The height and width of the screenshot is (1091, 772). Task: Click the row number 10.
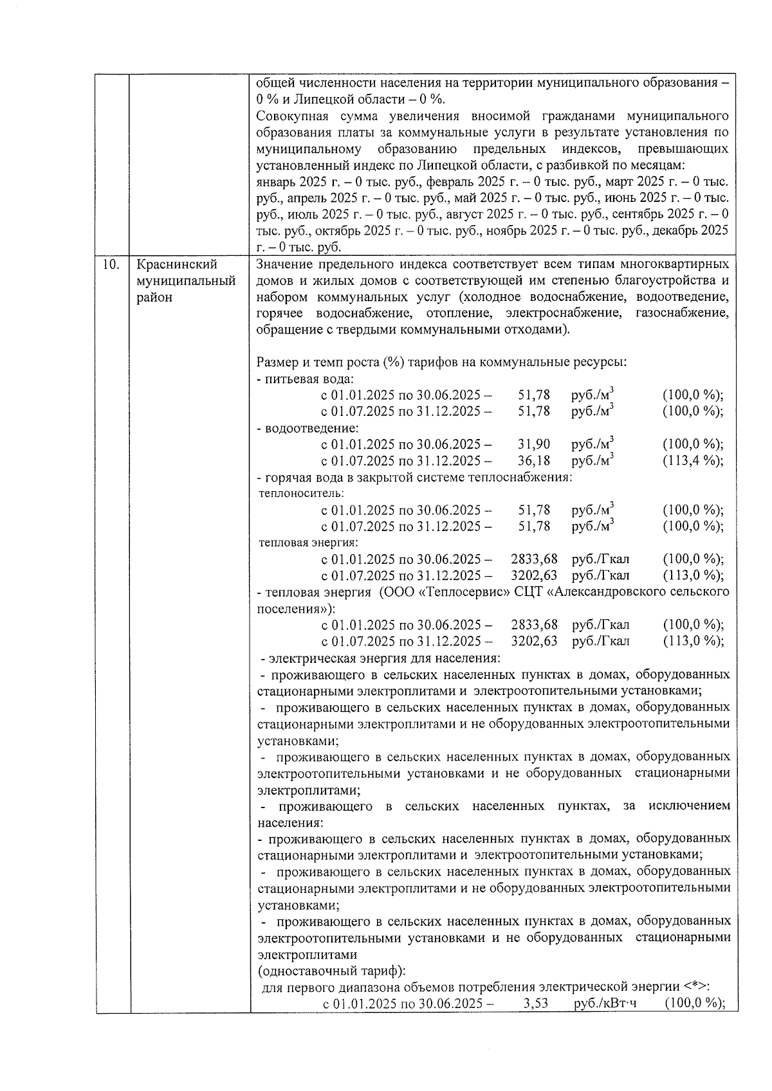tap(111, 264)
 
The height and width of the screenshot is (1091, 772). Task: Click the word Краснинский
tap(178, 264)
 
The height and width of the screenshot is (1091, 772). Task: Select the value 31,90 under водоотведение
tap(534, 444)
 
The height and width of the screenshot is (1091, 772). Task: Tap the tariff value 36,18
tap(534, 461)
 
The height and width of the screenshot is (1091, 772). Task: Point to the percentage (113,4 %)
tap(692, 461)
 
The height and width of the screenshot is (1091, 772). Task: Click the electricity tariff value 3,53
tap(536, 1004)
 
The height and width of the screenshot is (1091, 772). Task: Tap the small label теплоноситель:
tap(301, 494)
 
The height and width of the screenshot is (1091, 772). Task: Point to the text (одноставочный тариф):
tap(331, 971)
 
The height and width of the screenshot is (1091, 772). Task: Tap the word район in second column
tap(154, 298)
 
